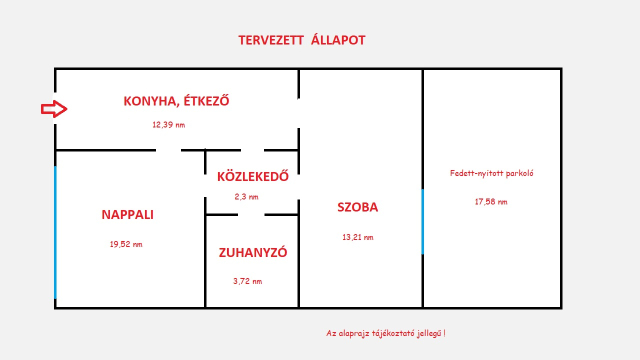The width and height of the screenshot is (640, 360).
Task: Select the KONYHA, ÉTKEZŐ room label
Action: [x=177, y=100]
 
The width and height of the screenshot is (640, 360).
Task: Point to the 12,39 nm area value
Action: [x=168, y=125]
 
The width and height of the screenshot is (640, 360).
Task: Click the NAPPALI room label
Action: [x=127, y=214]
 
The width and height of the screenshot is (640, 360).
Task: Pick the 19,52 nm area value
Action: [x=125, y=244]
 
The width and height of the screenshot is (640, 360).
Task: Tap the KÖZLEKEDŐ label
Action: [x=253, y=178]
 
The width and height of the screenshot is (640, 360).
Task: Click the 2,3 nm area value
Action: [x=246, y=197]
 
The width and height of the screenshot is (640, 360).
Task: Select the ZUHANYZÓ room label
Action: [x=253, y=253]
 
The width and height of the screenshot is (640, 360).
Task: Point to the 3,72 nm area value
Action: [x=247, y=281]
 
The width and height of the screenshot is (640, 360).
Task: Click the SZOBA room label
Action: [x=357, y=208]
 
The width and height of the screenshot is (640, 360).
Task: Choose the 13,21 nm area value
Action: [x=357, y=237]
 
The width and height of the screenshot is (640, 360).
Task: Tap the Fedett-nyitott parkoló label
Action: [x=491, y=173]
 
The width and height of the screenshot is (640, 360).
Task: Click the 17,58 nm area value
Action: [x=490, y=201]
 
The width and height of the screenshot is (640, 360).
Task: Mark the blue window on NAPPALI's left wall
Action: [x=55, y=233]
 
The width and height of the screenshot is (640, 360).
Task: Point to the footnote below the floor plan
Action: [x=385, y=332]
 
